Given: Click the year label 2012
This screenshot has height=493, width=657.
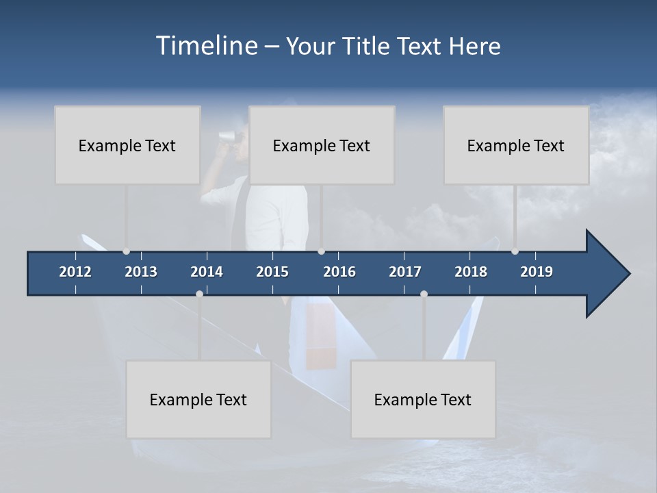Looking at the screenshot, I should pos(75,272).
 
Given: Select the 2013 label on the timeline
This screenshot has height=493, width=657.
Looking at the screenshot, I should pos(141,272).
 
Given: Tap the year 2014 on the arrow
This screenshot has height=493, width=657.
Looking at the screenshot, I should pos(207,272).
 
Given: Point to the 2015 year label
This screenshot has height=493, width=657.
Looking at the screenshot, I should pos(272,272).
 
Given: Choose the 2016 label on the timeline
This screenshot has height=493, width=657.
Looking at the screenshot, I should pos(339,272).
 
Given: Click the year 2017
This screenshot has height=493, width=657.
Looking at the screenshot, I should pos(405,272).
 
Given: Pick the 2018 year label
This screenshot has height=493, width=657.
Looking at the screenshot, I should pos(471,272).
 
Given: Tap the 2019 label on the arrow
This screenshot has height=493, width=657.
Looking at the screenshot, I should pos(537,272).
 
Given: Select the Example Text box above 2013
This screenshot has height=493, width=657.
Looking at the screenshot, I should pos(127,145).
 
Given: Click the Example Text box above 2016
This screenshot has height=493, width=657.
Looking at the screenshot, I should pos(322,145).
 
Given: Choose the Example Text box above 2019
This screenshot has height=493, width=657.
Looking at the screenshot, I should pos(516,145).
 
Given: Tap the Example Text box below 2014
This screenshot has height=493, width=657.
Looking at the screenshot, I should pos(198,399).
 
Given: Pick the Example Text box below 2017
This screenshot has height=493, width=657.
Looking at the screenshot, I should pos(423,399).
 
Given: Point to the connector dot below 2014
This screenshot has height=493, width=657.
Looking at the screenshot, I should pos(199,294).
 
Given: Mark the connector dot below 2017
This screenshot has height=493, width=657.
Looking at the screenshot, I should pos(424,294).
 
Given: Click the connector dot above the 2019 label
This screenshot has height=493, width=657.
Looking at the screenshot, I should pos(515,251).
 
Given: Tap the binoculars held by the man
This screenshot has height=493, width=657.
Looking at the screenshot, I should pos(227,136).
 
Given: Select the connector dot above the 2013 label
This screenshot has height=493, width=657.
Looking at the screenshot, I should pos(126,251).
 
